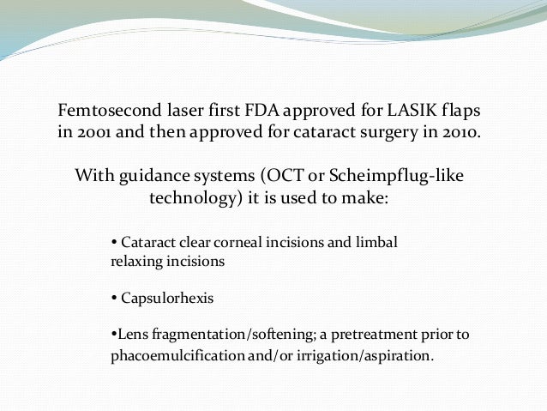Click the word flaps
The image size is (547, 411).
pos(458,113)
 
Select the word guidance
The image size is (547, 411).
pos(152,177)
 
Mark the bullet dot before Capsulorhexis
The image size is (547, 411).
pos(116,299)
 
